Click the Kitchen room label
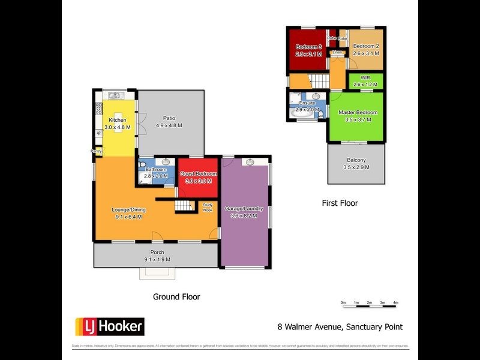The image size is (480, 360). click(116, 121)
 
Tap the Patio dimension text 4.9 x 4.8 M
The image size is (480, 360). click(169, 125)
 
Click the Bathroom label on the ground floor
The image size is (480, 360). click(155, 169)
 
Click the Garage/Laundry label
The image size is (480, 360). click(244, 208)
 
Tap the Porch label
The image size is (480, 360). click(157, 252)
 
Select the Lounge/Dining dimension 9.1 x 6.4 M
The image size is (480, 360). click(128, 217)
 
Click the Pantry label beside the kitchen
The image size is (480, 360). click(96, 151)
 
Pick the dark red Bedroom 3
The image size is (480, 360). click(307, 51)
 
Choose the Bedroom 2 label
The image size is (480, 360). click(365, 46)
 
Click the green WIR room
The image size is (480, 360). click(365, 81)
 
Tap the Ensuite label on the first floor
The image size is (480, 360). click(307, 103)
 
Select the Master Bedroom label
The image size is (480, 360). click(358, 112)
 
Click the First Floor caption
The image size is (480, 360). click(340, 203)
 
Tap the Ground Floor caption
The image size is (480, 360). click(176, 296)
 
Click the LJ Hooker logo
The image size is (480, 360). click(109, 326)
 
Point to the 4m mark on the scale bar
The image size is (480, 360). click(395, 302)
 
